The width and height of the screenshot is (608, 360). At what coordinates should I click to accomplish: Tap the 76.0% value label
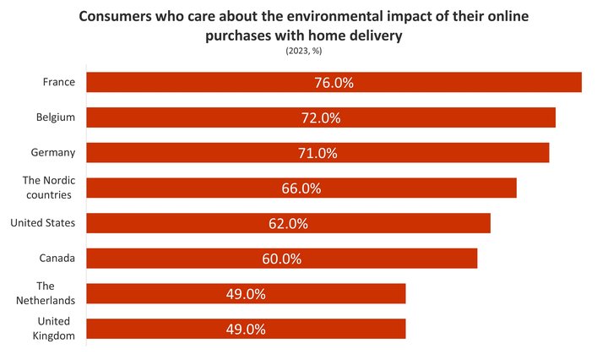tap(334, 83)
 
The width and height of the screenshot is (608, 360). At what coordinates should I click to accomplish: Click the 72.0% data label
tap(321, 118)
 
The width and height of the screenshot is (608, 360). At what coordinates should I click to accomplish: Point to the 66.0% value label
tap(301, 188)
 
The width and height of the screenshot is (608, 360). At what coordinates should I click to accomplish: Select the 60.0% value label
tap(282, 259)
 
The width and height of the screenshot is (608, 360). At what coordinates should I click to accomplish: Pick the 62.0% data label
tap(289, 224)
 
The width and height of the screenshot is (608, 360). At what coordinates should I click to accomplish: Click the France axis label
tap(59, 82)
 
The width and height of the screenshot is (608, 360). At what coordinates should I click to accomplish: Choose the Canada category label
tap(57, 258)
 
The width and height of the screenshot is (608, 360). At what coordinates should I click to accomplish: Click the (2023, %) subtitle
tap(304, 52)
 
